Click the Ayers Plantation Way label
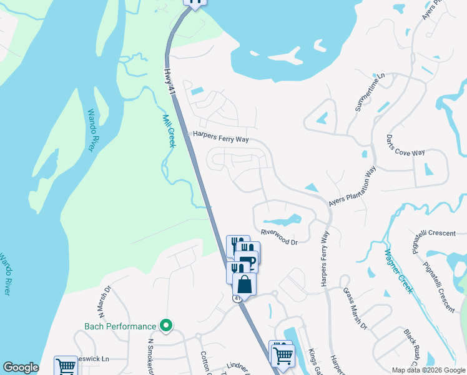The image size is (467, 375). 353,187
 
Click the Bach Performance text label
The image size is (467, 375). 120,326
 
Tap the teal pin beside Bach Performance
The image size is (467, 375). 165,326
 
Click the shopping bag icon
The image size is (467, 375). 244,284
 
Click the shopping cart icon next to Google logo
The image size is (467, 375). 65,367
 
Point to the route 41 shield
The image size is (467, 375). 238,299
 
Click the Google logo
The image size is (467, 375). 21,367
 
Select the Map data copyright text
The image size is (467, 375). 428,370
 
